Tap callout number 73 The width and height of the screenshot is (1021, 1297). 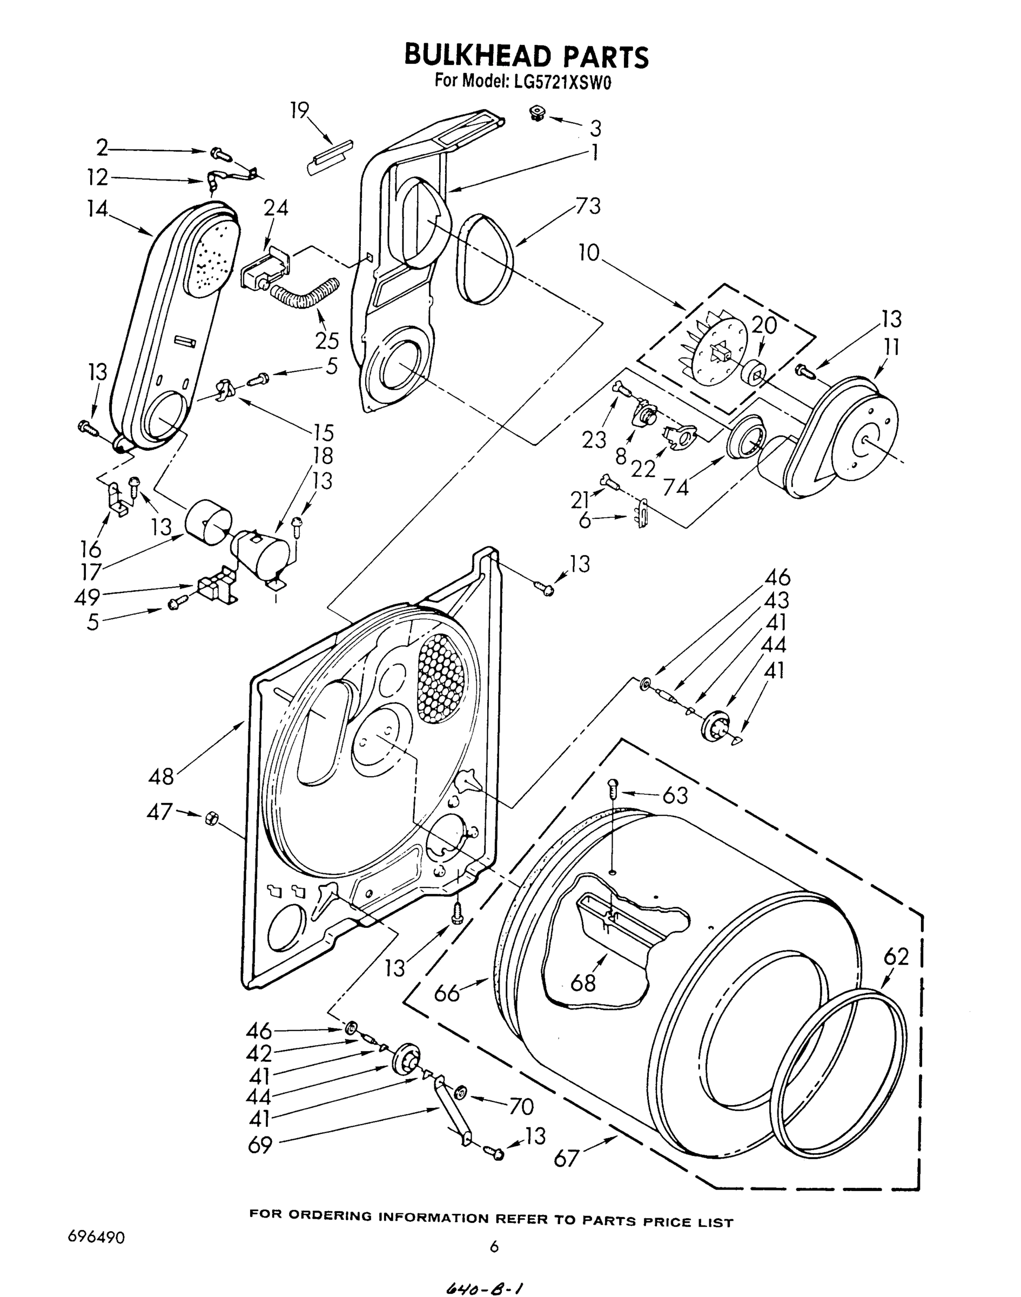coord(588,206)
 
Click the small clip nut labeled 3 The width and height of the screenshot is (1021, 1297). coord(539,113)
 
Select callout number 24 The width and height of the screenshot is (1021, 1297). coord(276,208)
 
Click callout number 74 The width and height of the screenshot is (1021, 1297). coord(675,488)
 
